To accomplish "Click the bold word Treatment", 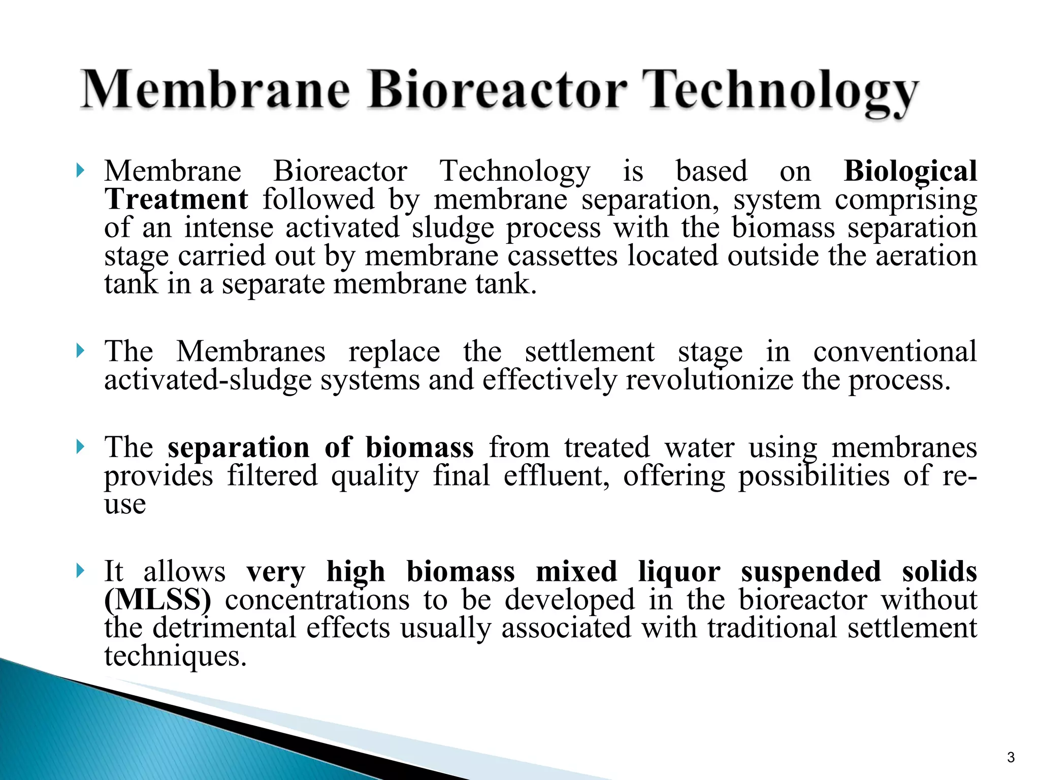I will tap(176, 199).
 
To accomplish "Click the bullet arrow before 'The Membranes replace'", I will tap(80, 350).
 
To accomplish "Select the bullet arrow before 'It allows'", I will tap(80, 571).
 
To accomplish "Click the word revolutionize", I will tap(709, 380).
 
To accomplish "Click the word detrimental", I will tap(224, 628).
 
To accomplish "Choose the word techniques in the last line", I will tap(175, 656).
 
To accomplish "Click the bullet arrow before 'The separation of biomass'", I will tap(80, 447).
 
